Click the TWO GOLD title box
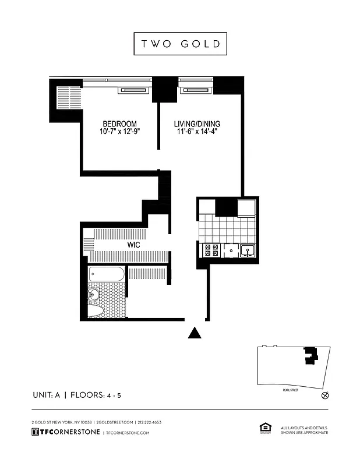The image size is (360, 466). pos(180,44)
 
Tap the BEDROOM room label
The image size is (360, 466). pos(119,124)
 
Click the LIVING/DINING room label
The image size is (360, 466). pos(197,124)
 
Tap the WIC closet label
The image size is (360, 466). pos(134,245)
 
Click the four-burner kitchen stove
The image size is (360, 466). pos(210,250)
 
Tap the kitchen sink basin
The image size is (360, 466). pos(248,251)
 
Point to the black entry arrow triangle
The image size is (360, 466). pos(195,333)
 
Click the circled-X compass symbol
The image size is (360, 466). pos(325,395)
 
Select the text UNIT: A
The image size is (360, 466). pos(47,395)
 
